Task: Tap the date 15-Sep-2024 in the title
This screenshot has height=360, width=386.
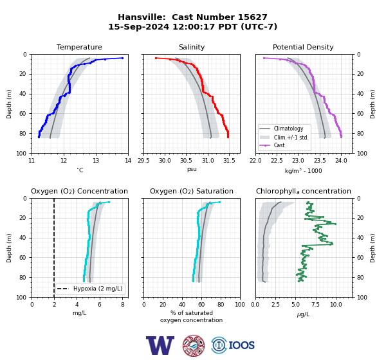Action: [x=139, y=26]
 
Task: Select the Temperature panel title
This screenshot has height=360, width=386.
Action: [x=79, y=47]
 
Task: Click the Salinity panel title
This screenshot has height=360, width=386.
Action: [x=192, y=47]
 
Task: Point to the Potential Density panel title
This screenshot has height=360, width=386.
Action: [x=303, y=47]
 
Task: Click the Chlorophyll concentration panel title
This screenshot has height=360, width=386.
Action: [x=304, y=191]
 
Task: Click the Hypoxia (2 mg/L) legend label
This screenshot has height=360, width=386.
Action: [x=98, y=289]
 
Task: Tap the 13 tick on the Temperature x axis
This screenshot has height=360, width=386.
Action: [x=96, y=161]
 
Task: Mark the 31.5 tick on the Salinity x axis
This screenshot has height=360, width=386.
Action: [x=229, y=161]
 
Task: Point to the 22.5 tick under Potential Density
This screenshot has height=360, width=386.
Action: [x=277, y=161]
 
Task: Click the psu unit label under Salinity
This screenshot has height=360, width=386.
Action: [x=192, y=169]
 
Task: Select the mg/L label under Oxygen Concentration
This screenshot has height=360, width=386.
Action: [x=79, y=313]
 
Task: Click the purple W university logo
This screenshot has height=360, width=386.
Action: [x=160, y=345]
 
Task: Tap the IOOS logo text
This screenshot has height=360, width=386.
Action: [x=241, y=345]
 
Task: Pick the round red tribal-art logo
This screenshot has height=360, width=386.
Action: [x=194, y=345]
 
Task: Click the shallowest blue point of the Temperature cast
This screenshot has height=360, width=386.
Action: [x=122, y=58]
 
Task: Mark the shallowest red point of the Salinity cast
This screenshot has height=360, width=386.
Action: [x=156, y=58]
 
